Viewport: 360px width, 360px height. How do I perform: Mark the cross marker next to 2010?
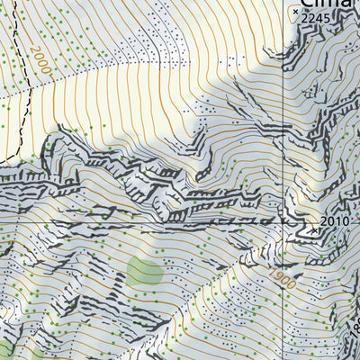point(314,229)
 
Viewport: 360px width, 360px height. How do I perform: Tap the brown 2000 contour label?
point(39,60)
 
